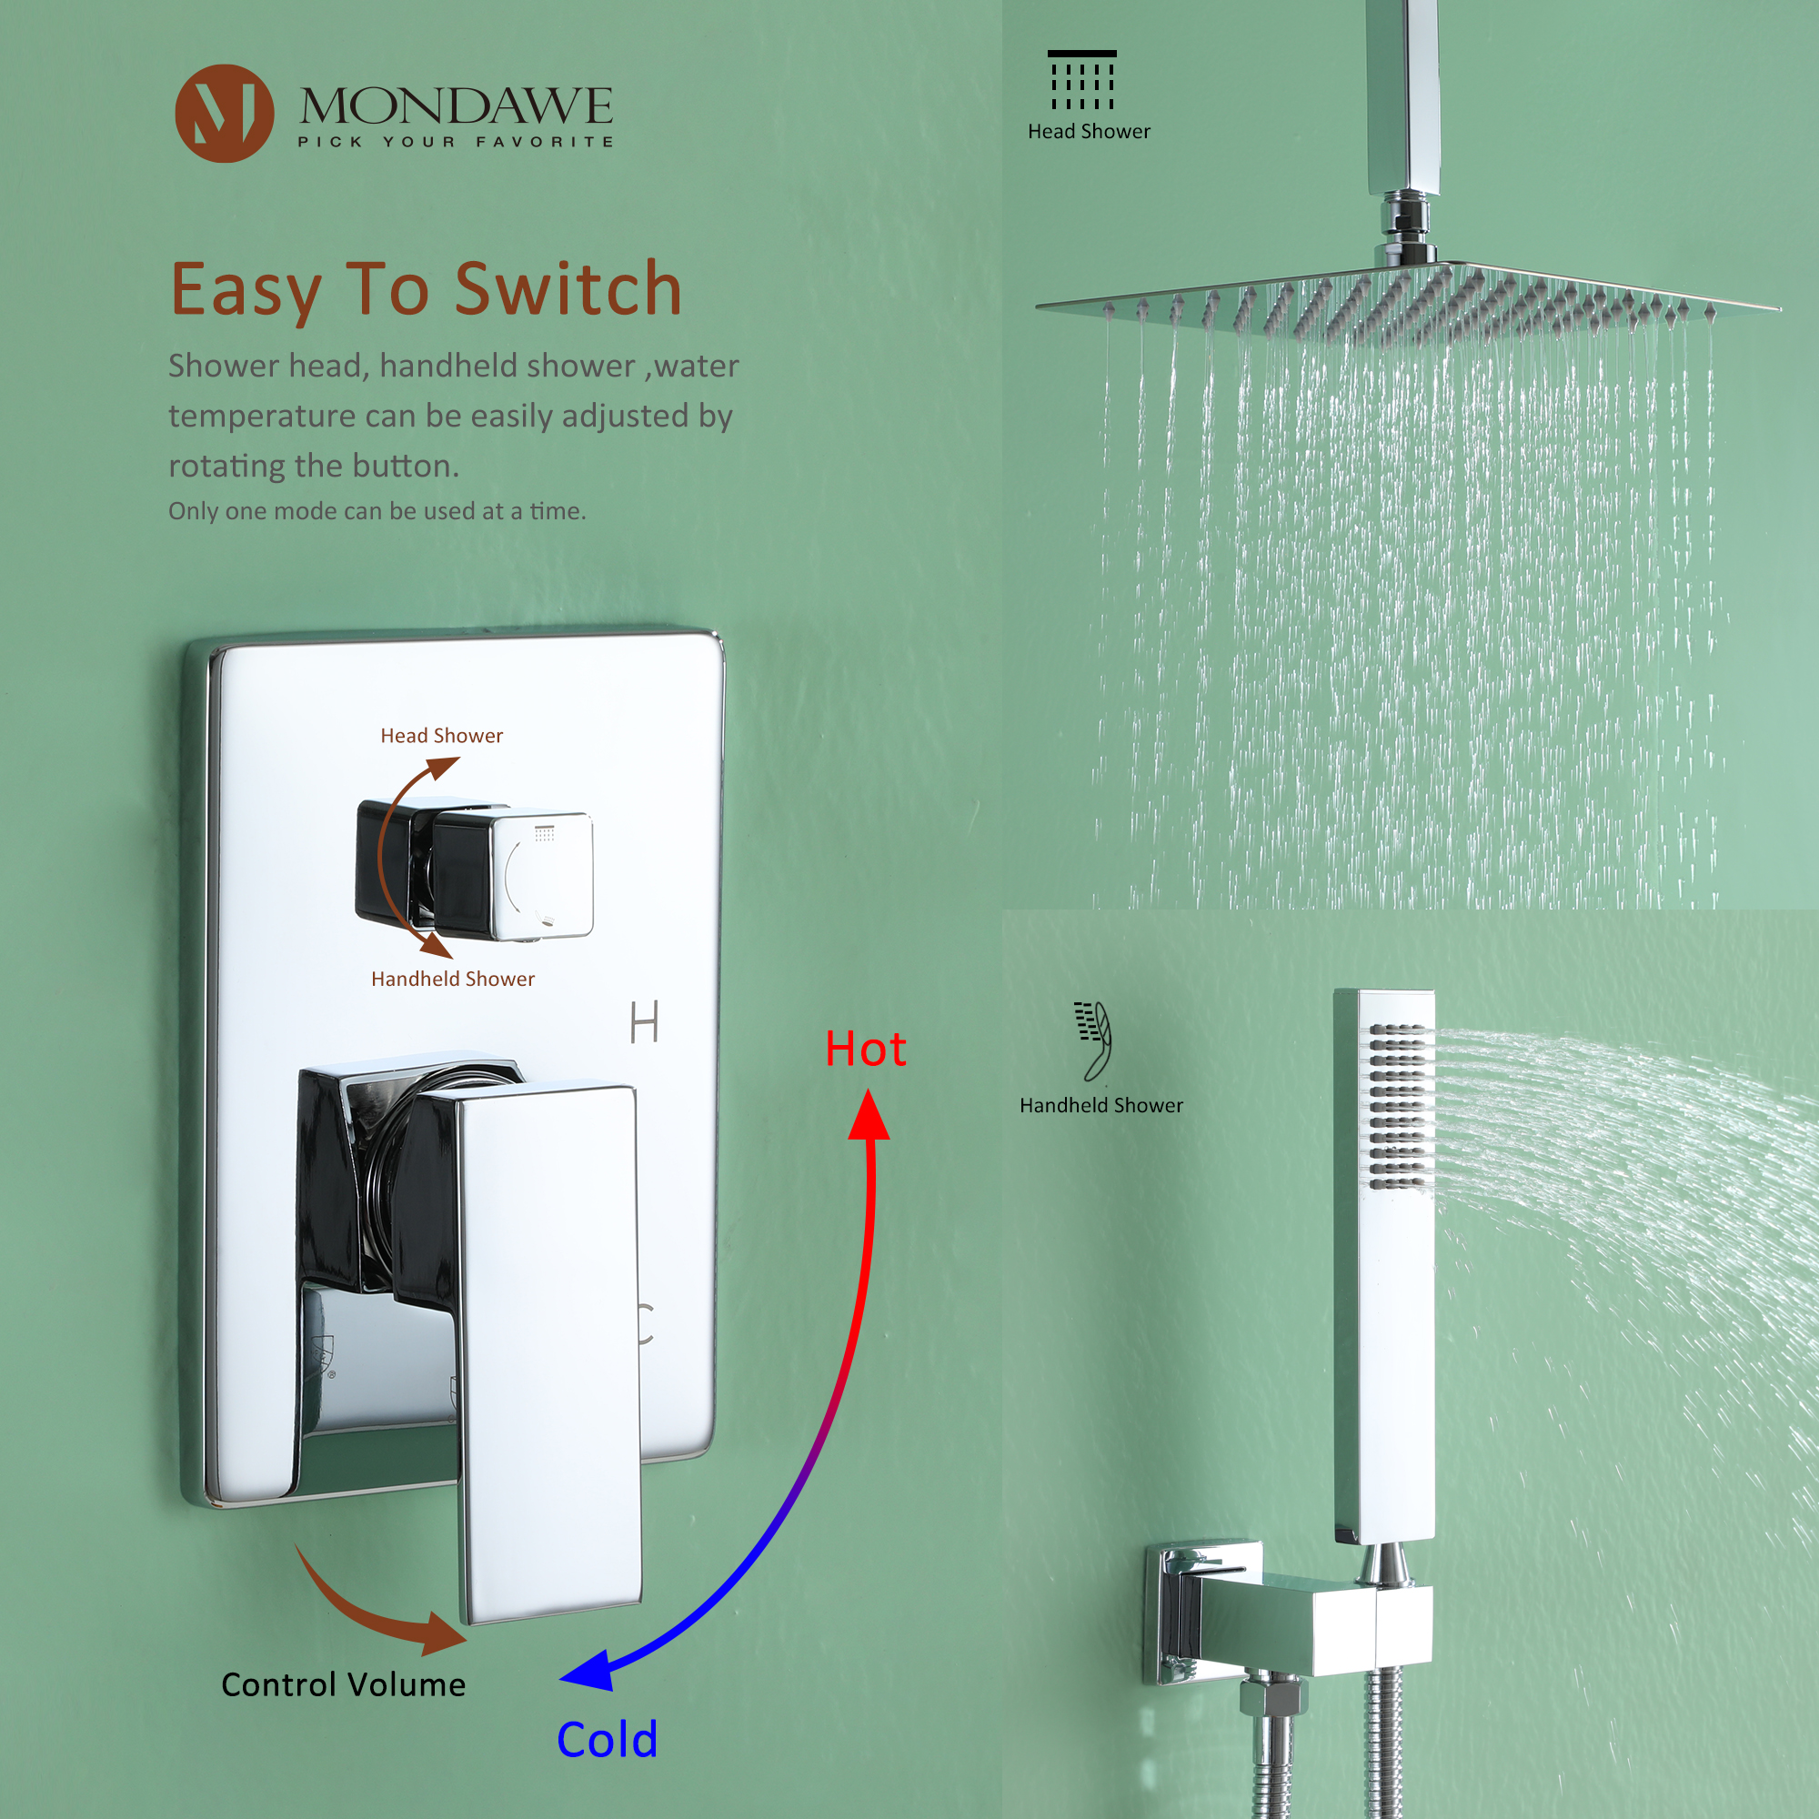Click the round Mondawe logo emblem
[x=224, y=113]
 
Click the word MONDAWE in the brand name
[x=456, y=106]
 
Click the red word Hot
[x=864, y=1049]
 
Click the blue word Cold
[x=607, y=1739]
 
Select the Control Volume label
[x=343, y=1684]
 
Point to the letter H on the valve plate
[x=644, y=1022]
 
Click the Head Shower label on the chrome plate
[x=442, y=735]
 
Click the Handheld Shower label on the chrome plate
[x=452, y=980]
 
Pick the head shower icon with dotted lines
[x=1081, y=81]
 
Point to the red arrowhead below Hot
[x=868, y=1117]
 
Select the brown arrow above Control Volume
[x=377, y=1612]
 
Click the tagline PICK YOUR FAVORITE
[x=456, y=142]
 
